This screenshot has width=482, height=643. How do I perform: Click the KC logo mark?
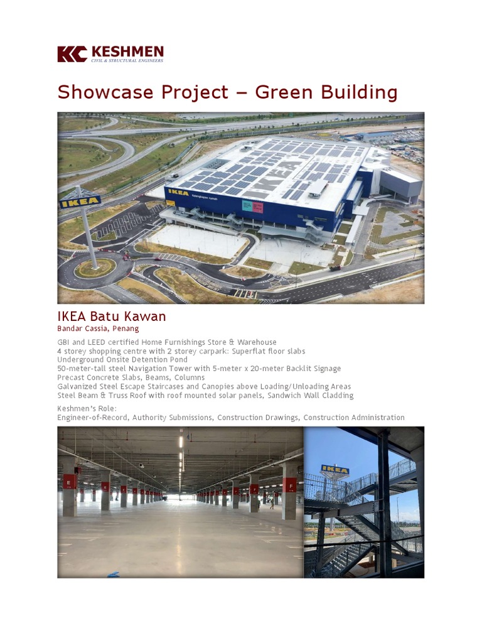(72, 54)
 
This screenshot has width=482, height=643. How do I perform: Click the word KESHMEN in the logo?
(127, 51)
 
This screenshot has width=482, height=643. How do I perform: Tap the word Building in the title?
(361, 92)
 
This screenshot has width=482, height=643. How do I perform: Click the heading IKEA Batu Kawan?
(112, 316)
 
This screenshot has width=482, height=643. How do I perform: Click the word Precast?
(71, 377)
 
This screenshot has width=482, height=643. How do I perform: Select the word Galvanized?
(77, 387)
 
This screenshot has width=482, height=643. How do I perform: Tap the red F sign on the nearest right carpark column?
(290, 485)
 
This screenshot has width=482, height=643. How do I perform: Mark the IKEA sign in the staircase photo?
(335, 469)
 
